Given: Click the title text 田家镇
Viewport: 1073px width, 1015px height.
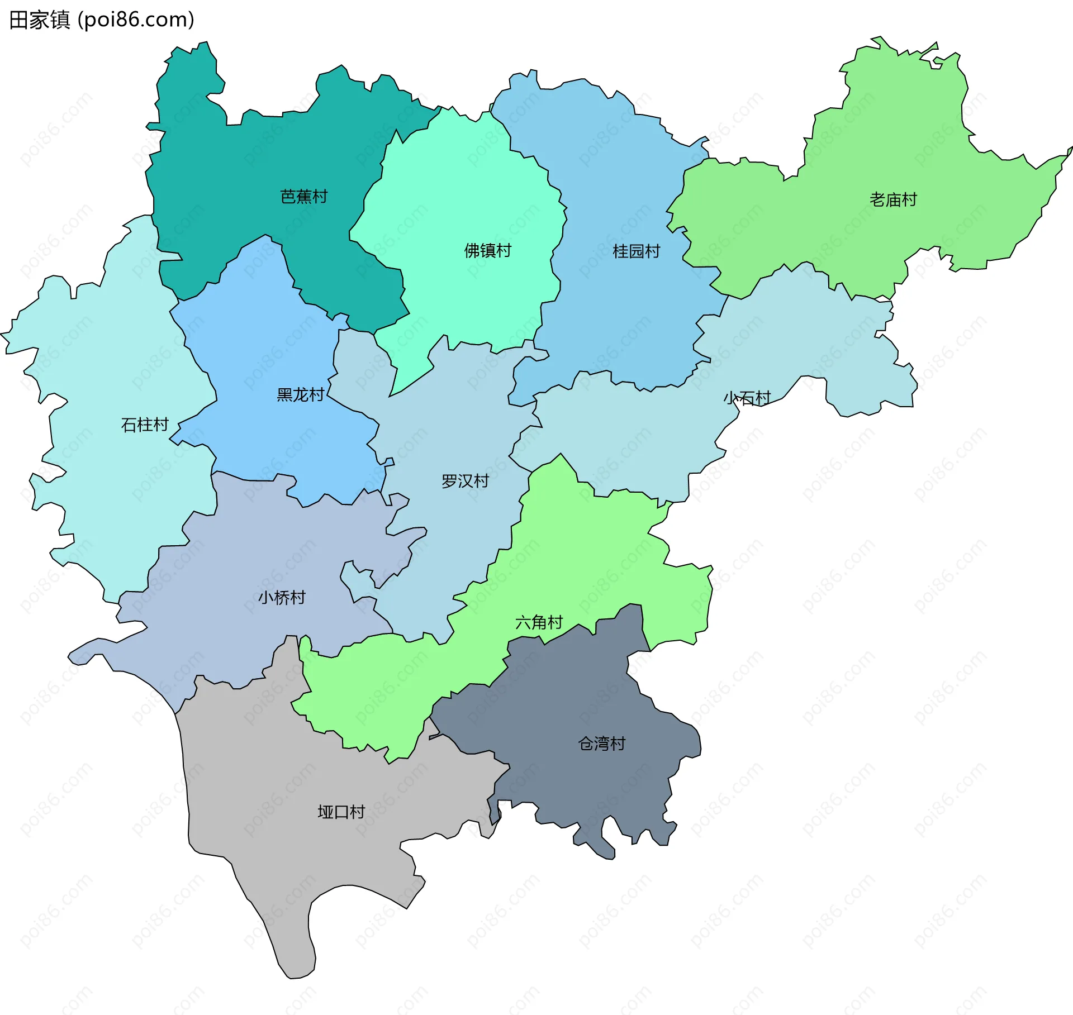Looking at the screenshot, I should (39, 20).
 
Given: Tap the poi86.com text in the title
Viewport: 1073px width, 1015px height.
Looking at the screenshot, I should (136, 20).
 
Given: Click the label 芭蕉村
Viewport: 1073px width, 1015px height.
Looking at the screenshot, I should (303, 197).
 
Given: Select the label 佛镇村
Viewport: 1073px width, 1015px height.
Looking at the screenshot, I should (487, 251).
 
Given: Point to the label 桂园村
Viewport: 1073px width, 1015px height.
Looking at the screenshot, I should (636, 251).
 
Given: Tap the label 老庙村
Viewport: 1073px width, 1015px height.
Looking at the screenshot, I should (893, 199).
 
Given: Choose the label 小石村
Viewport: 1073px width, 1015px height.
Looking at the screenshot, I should (747, 398).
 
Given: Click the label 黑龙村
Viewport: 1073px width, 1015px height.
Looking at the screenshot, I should (300, 395).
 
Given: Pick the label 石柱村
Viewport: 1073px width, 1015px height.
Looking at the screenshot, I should (145, 425).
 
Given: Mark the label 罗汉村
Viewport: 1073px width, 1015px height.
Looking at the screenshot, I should (465, 481).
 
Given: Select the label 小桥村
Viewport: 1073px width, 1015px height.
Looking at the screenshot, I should (282, 598).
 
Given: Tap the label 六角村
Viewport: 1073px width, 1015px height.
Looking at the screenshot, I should (539, 622).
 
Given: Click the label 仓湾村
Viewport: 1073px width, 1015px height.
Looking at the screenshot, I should (601, 744).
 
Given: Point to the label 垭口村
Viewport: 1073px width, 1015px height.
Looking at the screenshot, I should (341, 812).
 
